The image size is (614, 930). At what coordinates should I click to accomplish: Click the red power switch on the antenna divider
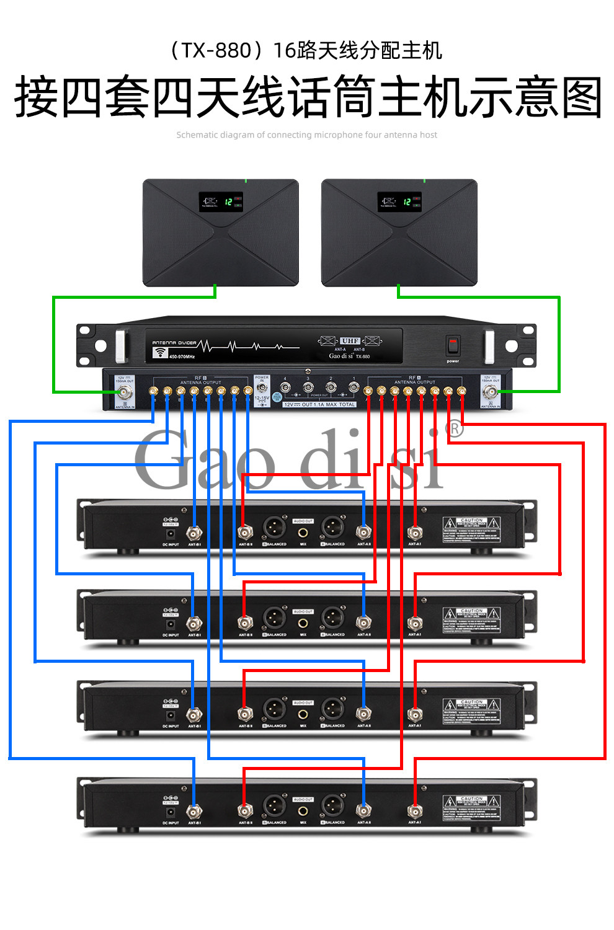click(453, 345)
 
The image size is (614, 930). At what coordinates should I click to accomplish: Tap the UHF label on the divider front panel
click(350, 341)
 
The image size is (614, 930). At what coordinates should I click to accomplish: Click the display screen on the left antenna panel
click(220, 202)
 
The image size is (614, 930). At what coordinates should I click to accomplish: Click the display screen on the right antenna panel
click(399, 202)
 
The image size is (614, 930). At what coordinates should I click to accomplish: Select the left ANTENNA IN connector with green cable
click(125, 392)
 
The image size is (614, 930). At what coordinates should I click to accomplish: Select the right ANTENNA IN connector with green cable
click(491, 392)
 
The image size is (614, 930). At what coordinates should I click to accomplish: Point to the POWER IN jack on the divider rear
click(262, 388)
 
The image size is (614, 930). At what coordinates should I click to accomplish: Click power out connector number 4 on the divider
click(285, 387)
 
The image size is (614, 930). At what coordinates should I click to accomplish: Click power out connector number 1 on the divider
click(354, 387)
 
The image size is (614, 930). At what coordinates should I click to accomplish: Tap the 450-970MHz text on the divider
click(182, 356)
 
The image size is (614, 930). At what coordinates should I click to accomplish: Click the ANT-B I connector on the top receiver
click(194, 533)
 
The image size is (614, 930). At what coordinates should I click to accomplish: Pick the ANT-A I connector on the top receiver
click(414, 533)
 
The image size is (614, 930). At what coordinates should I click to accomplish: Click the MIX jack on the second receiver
click(303, 623)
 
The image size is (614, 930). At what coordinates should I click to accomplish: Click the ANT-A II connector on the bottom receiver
click(363, 810)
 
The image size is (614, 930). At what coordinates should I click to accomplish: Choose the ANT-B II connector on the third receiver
click(245, 714)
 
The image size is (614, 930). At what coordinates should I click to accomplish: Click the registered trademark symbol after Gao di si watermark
click(455, 429)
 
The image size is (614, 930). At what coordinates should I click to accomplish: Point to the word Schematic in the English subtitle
click(197, 135)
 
